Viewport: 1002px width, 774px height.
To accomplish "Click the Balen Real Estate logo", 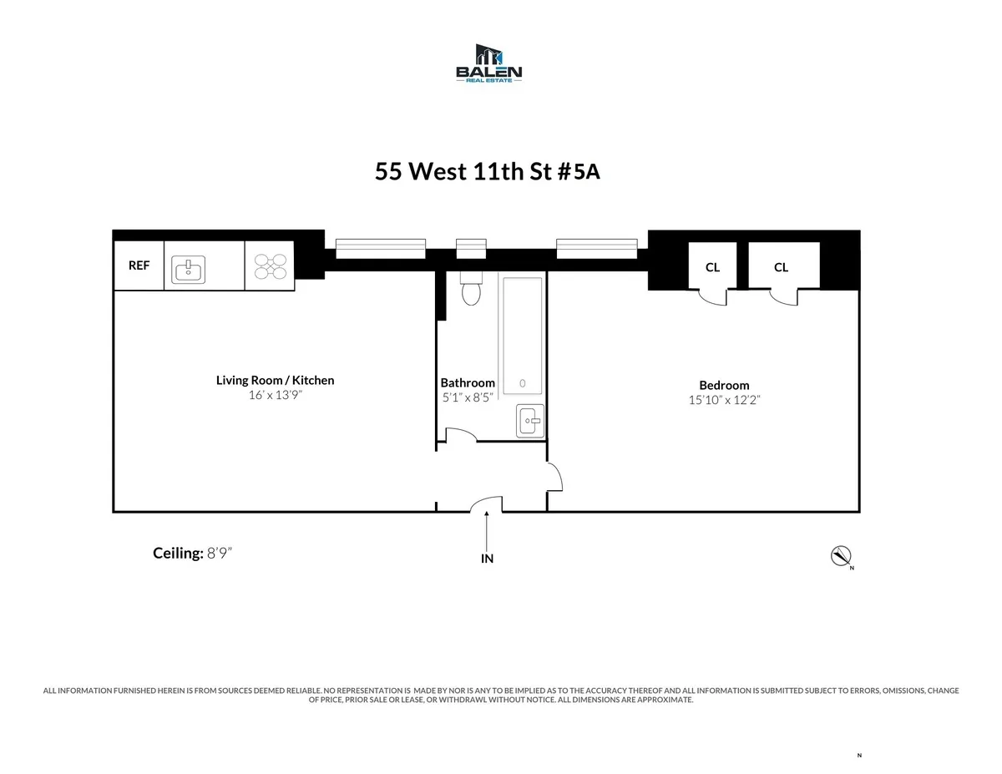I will click(488, 63).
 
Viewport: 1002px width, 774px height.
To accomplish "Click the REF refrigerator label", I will click(139, 266).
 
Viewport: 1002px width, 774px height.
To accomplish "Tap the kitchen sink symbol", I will click(190, 269).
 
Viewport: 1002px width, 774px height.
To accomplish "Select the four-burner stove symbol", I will click(270, 266).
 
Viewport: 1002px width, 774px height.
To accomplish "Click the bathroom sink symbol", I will click(529, 420).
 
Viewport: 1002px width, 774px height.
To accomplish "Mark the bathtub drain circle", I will click(523, 383).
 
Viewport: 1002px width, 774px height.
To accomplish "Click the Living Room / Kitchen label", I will click(275, 380).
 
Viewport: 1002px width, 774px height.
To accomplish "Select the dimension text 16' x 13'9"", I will click(275, 396).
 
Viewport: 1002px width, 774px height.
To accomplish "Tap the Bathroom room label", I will click(468, 382).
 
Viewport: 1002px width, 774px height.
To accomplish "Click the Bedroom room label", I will click(724, 385).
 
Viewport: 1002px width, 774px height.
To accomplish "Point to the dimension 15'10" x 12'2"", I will click(724, 400).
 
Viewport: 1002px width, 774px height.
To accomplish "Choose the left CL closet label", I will click(712, 267).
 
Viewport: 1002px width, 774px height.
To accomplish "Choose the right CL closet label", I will click(781, 267).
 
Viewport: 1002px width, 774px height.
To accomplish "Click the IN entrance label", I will click(487, 559).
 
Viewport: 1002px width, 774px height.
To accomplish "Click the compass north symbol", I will click(840, 556).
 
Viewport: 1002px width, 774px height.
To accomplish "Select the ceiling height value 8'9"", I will click(220, 553).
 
